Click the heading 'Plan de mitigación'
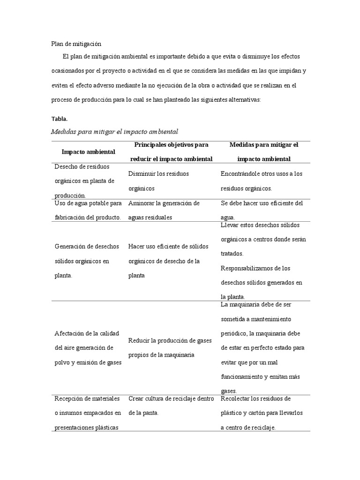(76, 44)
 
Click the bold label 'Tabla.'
(60, 119)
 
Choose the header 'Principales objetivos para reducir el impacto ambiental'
(171, 152)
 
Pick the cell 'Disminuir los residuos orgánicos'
(158, 181)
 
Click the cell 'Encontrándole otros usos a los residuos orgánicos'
(262, 181)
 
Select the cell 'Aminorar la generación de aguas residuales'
(164, 210)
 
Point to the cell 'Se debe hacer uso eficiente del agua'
(262, 210)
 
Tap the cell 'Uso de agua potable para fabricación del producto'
(88, 210)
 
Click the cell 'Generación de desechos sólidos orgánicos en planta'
(87, 261)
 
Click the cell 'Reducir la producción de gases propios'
(168, 347)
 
